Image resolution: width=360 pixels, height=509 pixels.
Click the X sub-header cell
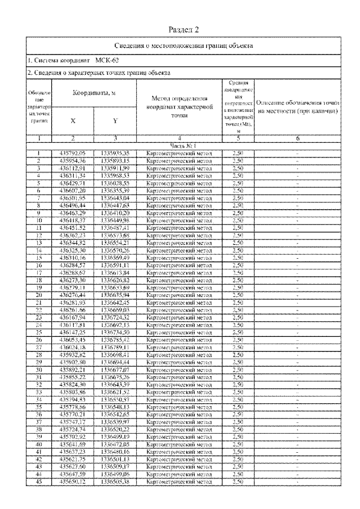click(x=73, y=120)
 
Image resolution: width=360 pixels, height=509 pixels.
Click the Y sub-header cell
click(x=115, y=120)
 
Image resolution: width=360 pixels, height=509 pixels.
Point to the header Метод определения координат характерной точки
click(x=179, y=107)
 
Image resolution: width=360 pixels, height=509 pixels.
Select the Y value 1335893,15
click(x=115, y=160)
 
